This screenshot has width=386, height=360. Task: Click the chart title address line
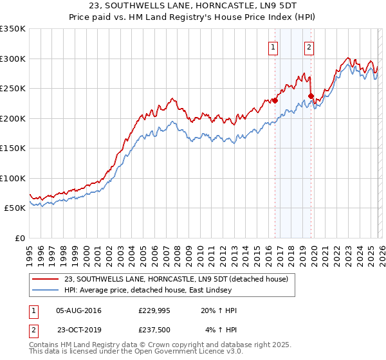192,6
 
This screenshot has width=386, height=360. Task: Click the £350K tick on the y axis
13,29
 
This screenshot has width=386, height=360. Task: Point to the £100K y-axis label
13,178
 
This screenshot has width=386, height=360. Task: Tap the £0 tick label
19,238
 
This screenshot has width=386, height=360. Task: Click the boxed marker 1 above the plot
274,46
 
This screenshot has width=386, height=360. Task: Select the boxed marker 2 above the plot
309,46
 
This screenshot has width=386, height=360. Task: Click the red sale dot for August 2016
275,100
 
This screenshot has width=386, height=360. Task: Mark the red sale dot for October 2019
311,96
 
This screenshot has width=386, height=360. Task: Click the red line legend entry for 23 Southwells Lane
179,279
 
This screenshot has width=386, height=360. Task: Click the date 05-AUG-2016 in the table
79,310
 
